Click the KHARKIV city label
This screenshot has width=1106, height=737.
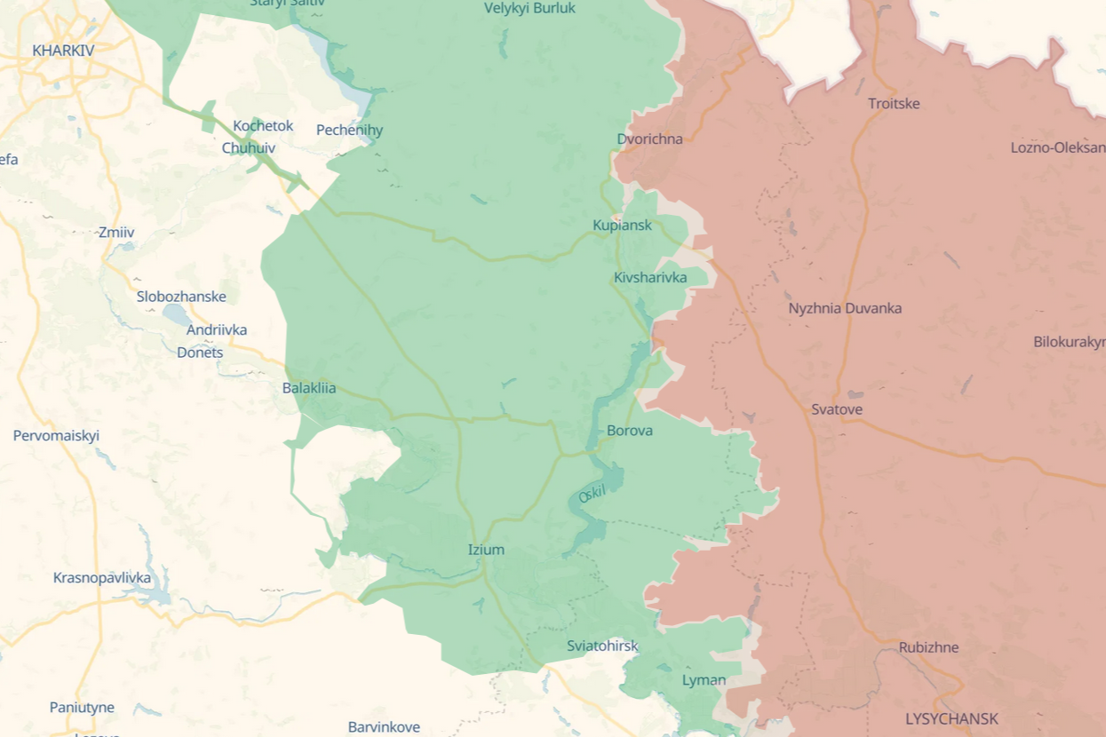[63, 51]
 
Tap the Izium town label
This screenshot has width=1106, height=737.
[486, 550]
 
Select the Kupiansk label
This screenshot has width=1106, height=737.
[622, 226]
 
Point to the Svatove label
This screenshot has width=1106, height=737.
[837, 409]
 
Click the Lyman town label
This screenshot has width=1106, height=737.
[704, 680]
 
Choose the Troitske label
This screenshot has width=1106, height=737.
[894, 104]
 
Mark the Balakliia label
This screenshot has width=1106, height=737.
[309, 388]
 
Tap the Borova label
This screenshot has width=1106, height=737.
[630, 431]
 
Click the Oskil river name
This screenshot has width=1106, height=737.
[592, 495]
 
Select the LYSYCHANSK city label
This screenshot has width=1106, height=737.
[951, 718]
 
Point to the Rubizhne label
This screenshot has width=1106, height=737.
[928, 647]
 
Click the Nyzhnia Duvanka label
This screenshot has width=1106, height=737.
[845, 308]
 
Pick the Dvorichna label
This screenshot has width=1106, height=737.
[650, 139]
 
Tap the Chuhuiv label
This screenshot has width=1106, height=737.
[249, 148]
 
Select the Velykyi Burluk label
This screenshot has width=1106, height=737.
[529, 8]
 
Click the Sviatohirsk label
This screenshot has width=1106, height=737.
[602, 646]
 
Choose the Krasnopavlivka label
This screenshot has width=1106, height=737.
[102, 578]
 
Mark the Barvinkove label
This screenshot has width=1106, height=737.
[384, 727]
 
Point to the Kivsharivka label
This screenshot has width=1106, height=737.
[650, 278]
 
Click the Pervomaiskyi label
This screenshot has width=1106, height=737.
[56, 436]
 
